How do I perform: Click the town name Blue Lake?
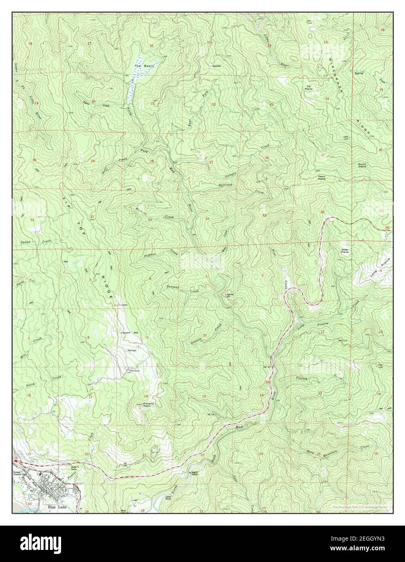pos(51,506)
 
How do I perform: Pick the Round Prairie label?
pos(362,165)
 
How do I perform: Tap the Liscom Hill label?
pos(129,332)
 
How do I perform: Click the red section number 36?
pos(322,212)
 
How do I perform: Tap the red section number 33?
pos(150,220)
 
